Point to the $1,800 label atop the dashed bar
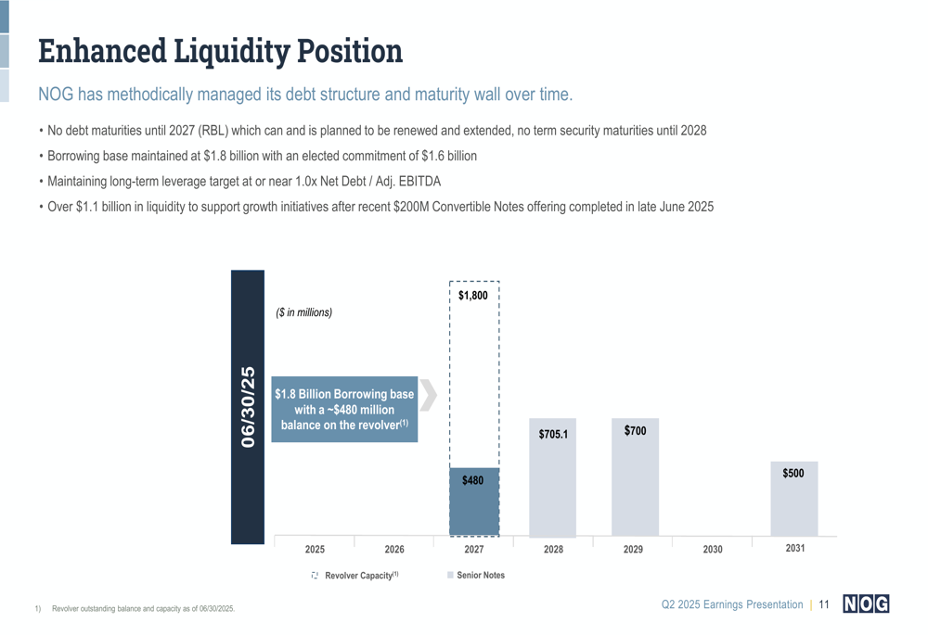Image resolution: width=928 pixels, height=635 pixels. point(472,296)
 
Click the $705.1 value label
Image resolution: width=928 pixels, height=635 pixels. point(553,434)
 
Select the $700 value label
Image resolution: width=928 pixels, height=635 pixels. point(635,431)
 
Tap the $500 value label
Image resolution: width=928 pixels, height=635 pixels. point(793,474)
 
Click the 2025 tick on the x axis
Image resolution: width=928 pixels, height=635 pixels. point(315,550)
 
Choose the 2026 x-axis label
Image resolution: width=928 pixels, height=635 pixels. point(394,550)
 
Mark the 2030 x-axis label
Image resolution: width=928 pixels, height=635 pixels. point(713,550)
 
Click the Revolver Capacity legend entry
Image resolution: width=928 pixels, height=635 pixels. point(355,576)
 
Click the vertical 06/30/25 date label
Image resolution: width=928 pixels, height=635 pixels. point(248,407)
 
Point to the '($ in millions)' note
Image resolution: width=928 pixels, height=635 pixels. point(304,312)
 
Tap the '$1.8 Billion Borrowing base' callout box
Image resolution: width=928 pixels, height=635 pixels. point(344,410)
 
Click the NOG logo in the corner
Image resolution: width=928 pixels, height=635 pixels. point(865,604)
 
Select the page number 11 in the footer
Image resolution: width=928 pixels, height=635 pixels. point(823,605)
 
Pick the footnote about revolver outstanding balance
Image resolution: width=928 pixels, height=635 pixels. point(143,609)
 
